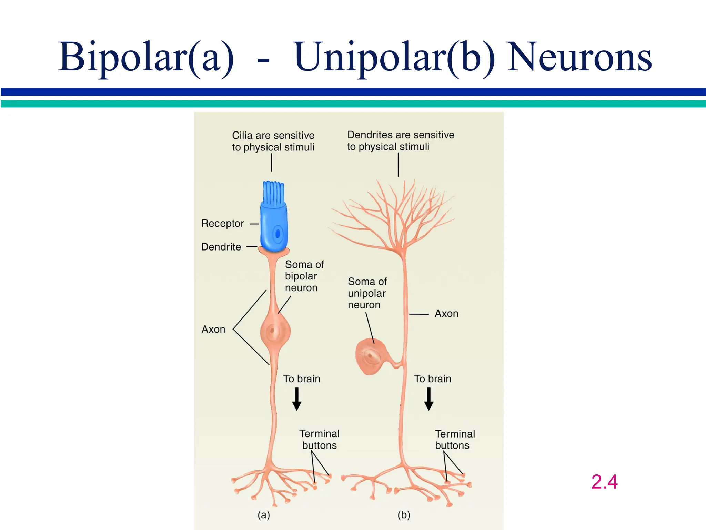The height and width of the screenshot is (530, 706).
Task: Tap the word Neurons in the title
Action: (x=579, y=57)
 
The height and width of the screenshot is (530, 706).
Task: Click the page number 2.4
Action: (x=604, y=482)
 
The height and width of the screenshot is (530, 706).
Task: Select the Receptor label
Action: (x=222, y=223)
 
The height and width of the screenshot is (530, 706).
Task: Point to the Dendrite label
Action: (x=221, y=247)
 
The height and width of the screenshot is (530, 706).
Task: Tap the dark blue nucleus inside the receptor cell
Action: (x=278, y=234)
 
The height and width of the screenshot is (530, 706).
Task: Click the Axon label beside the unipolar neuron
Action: (x=446, y=313)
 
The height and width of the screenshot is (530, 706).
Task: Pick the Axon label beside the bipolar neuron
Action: (x=213, y=329)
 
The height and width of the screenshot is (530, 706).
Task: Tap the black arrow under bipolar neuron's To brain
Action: (x=296, y=399)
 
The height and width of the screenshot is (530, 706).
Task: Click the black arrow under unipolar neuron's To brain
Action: (x=428, y=399)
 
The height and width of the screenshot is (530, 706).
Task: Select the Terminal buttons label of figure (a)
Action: (x=319, y=439)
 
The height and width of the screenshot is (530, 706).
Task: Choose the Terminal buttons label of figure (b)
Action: (x=455, y=439)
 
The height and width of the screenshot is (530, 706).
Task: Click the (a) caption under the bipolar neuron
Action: (x=264, y=515)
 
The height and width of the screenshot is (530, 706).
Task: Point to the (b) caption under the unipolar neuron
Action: (x=404, y=515)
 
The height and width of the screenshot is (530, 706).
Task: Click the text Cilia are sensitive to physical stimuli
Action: (x=273, y=141)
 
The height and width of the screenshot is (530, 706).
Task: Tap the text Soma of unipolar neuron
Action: (x=367, y=293)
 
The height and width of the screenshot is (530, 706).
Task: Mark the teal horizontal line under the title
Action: (x=353, y=104)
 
